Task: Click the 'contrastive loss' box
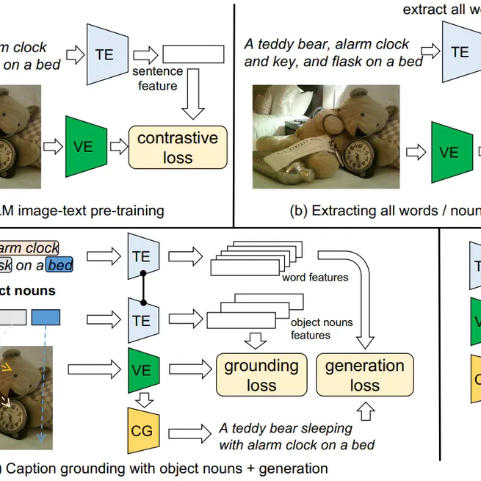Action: point(177,147)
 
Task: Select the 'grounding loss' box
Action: point(261,375)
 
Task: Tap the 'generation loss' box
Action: point(364,375)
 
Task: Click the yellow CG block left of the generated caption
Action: point(142,430)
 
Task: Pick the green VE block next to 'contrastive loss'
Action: point(84,146)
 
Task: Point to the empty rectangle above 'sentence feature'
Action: point(193,54)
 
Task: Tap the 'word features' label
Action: point(314,278)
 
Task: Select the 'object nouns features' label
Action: point(322,328)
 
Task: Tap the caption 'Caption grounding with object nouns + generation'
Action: point(165,468)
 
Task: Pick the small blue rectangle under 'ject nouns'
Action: point(46,317)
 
